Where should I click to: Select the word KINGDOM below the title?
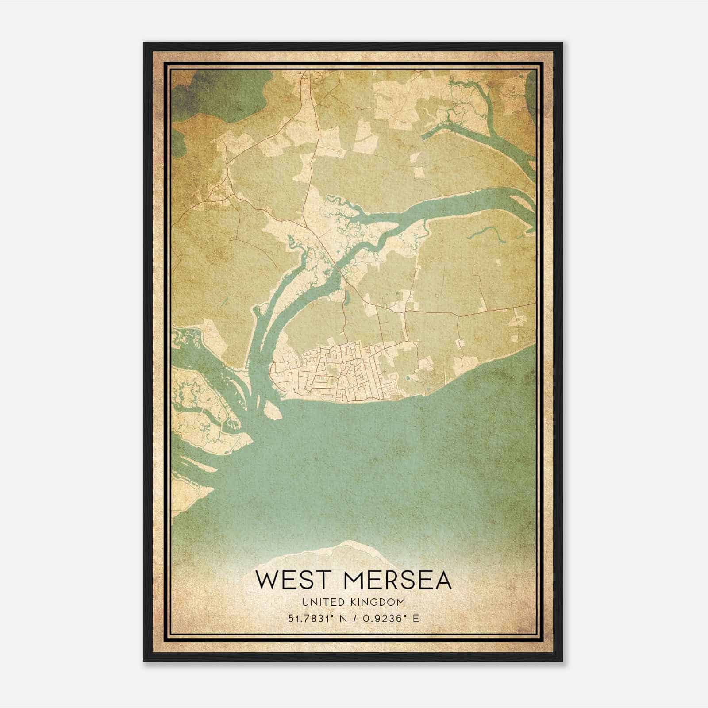pyautogui.click(x=383, y=602)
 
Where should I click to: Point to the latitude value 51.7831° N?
pyautogui.click(x=316, y=619)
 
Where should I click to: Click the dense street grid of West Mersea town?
pyautogui.click(x=336, y=372)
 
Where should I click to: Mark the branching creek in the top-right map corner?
pyautogui.click(x=482, y=106)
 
